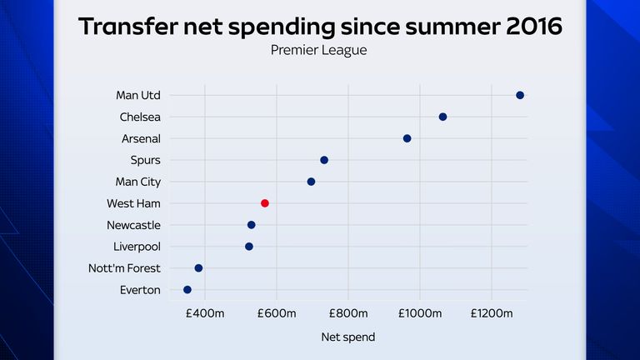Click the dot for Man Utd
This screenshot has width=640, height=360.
520,95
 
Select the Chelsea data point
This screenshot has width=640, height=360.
442,117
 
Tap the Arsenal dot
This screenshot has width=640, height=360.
407,138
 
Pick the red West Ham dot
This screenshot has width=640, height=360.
265,203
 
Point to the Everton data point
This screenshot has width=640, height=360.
187,290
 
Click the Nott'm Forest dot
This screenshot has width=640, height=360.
198,268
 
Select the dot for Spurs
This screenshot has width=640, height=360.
324,160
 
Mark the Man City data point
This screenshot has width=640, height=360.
311,182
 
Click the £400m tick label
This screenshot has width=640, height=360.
204,312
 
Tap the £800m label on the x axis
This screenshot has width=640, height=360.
347,312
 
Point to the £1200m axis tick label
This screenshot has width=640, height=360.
491,312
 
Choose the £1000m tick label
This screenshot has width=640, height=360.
419,312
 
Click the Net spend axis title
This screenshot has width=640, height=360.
347,337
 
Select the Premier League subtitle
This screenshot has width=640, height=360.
319,50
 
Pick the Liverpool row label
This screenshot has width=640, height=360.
137,247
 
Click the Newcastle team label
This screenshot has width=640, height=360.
133,225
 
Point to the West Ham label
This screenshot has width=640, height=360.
133,203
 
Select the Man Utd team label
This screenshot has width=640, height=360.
138,95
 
